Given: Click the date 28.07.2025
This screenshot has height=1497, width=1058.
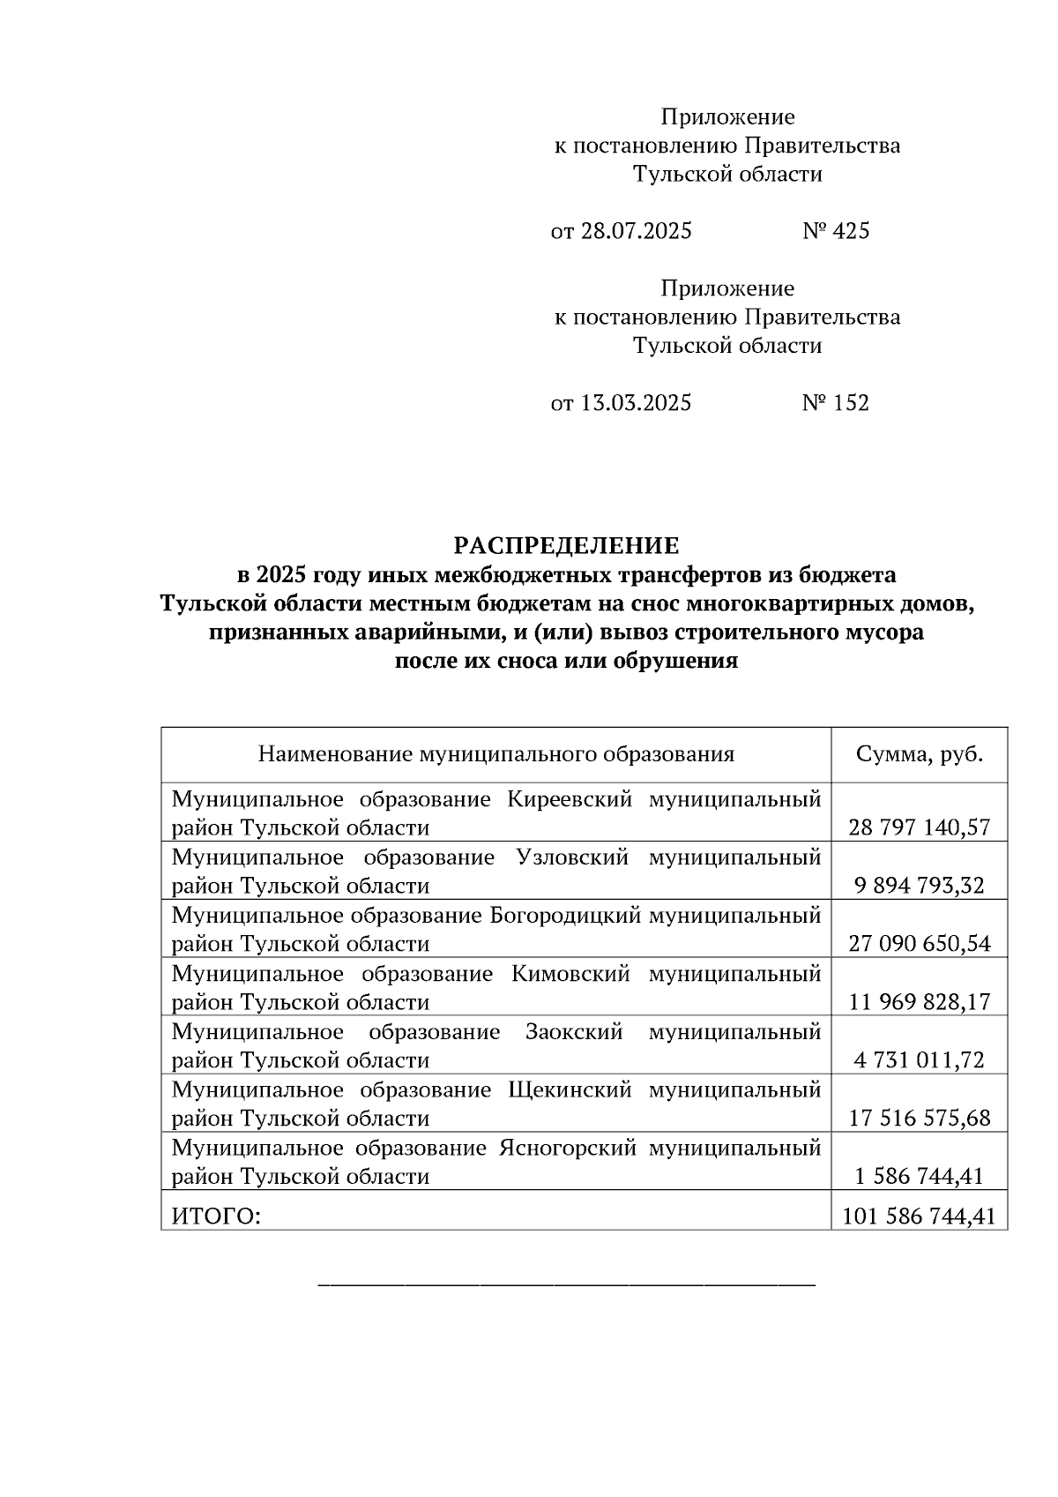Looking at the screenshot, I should pos(636,231).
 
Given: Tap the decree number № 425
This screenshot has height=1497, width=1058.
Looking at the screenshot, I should pos(836,231).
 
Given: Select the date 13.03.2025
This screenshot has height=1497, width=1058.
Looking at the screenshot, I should pos(636,403).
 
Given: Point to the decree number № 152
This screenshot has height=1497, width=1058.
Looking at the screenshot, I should pos(836,403).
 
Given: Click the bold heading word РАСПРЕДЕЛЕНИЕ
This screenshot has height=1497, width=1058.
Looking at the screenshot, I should pos(567,546).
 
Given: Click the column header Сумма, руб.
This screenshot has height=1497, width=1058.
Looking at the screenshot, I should pos(920,754).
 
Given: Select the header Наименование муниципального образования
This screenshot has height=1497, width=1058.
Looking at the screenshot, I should pos(495,754).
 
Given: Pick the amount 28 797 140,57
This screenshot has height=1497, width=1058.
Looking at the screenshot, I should pos(920,827).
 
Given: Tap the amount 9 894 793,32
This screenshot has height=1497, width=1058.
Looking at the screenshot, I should pos(920,886).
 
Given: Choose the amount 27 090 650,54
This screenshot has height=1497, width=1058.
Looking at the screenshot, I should pos(920,944).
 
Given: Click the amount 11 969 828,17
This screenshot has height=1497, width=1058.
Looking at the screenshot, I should pos(920,1002).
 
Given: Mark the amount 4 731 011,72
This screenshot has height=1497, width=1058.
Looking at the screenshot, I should pos(920,1060).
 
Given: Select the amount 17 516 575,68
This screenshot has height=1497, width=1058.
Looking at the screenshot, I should pos(920,1119).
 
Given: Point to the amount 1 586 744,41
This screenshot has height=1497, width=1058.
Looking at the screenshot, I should pos(920,1177).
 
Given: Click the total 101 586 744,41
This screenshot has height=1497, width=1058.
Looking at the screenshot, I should pos(920,1217).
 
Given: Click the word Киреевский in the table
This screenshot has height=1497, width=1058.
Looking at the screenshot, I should pos(570,800).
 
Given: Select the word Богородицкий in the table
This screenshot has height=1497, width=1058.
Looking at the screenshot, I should pos(564,916).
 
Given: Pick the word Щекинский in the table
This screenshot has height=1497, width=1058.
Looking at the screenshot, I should pos(570,1090).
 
